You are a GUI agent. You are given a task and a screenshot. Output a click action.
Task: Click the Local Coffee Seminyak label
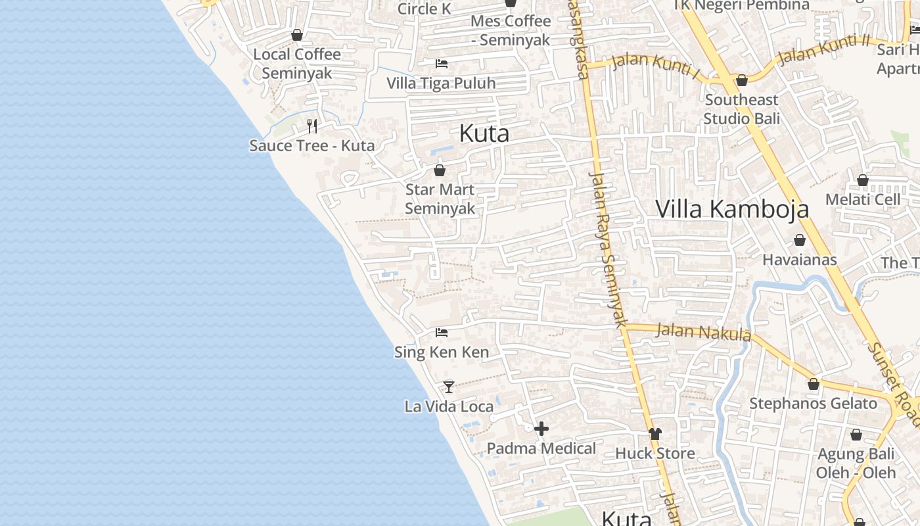(x=297, y=63)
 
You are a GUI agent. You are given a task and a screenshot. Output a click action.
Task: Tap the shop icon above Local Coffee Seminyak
(x=297, y=35)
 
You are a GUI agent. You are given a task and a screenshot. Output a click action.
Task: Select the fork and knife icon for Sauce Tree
(x=313, y=126)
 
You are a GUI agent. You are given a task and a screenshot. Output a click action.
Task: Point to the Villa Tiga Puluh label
(x=441, y=84)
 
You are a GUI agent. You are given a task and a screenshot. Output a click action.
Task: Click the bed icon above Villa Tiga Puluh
(x=442, y=64)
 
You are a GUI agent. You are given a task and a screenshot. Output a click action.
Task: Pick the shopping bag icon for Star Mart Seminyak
(x=440, y=170)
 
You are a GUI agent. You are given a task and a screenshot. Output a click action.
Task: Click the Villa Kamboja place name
(x=732, y=208)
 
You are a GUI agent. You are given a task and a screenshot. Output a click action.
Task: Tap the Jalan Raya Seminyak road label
(x=608, y=250)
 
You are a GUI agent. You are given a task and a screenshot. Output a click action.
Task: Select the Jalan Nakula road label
(x=703, y=331)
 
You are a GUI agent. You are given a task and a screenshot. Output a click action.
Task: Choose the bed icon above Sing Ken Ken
(x=442, y=333)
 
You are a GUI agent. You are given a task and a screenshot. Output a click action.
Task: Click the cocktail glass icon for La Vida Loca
(x=449, y=387)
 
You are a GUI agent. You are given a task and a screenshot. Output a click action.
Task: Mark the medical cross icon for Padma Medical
(x=541, y=429)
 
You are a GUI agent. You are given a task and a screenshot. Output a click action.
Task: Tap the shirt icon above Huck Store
(x=655, y=433)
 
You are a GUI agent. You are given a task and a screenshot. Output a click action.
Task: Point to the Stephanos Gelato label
(x=813, y=403)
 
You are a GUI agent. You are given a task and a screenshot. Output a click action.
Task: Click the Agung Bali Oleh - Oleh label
(x=856, y=463)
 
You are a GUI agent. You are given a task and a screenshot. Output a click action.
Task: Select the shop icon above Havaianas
(x=800, y=241)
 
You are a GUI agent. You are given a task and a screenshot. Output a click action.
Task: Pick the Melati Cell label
(x=863, y=199)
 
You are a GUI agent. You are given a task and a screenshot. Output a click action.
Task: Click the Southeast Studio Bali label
(x=742, y=109)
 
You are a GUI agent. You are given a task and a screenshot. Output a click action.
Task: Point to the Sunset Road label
(x=895, y=379)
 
